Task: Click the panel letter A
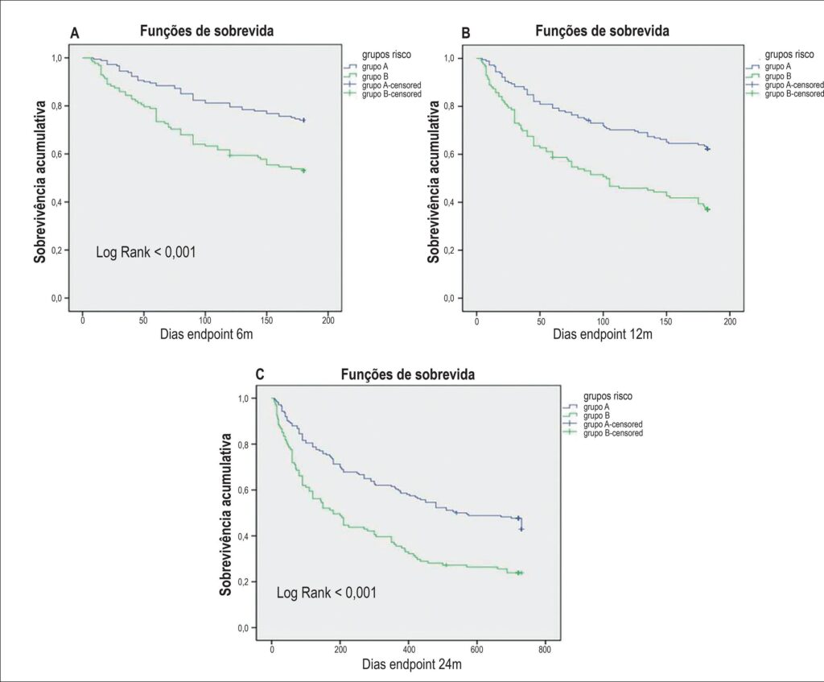tap(75, 33)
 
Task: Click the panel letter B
tap(466, 33)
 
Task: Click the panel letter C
tap(260, 374)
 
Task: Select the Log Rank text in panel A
tap(146, 252)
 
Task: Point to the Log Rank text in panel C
tap(327, 593)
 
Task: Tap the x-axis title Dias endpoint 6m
tap(207, 334)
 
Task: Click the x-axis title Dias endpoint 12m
tap(602, 334)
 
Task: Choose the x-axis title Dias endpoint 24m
tap(412, 664)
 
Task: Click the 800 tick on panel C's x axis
tap(545, 650)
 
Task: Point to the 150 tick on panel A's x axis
tap(266, 320)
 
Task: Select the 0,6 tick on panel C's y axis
tap(243, 490)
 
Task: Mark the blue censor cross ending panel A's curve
tap(303, 121)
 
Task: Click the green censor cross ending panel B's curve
tap(708, 209)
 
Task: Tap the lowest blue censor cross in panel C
tap(521, 529)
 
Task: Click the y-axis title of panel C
tap(226, 515)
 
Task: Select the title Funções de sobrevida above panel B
tap(602, 31)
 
